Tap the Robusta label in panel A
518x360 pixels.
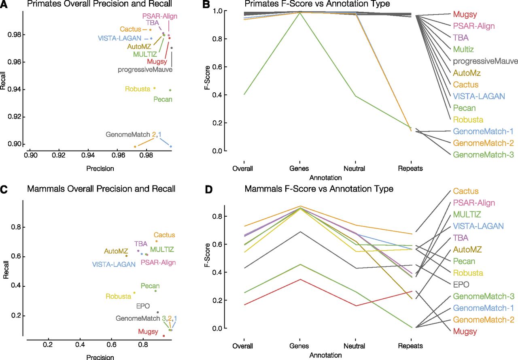pyautogui.click(x=138, y=89)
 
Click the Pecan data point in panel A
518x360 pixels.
pyautogui.click(x=170, y=90)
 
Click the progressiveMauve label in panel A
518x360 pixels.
pyautogui.click(x=145, y=69)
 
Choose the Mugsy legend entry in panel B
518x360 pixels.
pyautogui.click(x=464, y=15)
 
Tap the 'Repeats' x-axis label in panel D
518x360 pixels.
pyautogui.click(x=411, y=346)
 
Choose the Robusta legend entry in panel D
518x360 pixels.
pyautogui.click(x=468, y=273)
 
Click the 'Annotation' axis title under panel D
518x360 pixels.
pyautogui.click(x=325, y=355)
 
